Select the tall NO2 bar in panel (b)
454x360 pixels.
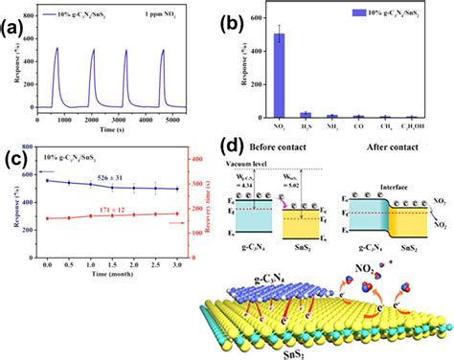(x=279, y=75)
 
